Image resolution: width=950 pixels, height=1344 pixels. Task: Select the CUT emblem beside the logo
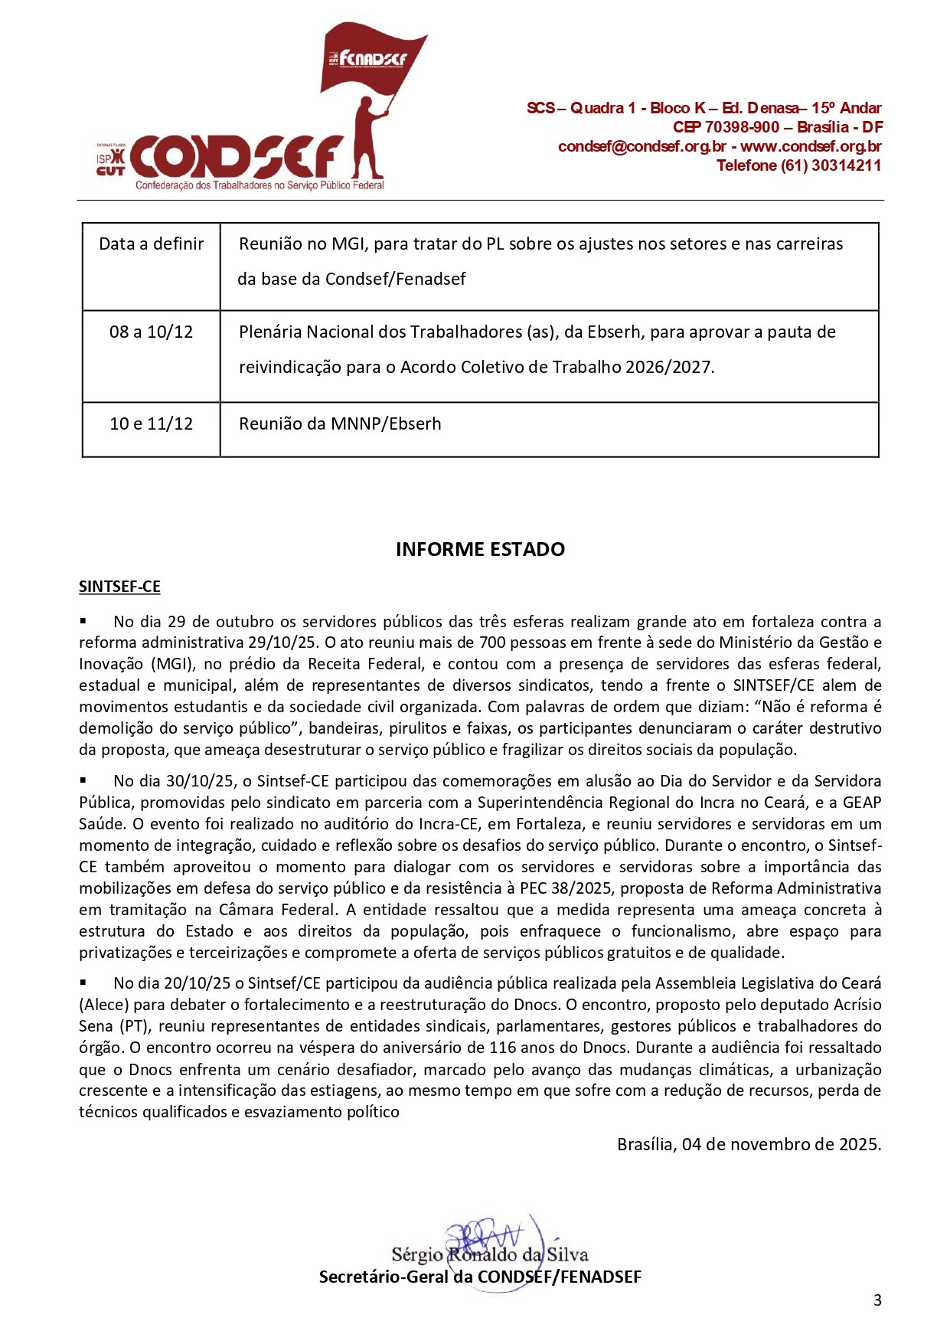(110, 164)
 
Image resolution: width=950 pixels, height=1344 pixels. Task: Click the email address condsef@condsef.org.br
(641, 146)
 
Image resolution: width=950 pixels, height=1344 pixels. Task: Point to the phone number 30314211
(846, 165)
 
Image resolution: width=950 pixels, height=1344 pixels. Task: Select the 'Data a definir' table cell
(152, 244)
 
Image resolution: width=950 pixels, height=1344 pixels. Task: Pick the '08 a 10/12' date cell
(151, 332)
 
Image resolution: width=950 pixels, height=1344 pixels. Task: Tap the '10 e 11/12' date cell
(151, 424)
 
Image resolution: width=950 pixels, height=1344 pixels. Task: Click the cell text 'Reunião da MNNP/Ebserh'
(340, 424)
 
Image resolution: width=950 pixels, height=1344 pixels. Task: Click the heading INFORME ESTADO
(480, 549)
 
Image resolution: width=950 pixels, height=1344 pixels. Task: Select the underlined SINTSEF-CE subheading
(119, 587)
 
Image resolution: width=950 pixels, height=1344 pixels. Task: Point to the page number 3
(877, 1300)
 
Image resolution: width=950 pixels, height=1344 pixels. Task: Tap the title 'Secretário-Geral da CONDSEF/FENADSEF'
(480, 1277)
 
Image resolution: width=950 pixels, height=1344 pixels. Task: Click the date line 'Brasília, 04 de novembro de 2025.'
(749, 1144)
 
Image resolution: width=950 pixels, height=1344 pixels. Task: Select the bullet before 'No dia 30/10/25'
(83, 780)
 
